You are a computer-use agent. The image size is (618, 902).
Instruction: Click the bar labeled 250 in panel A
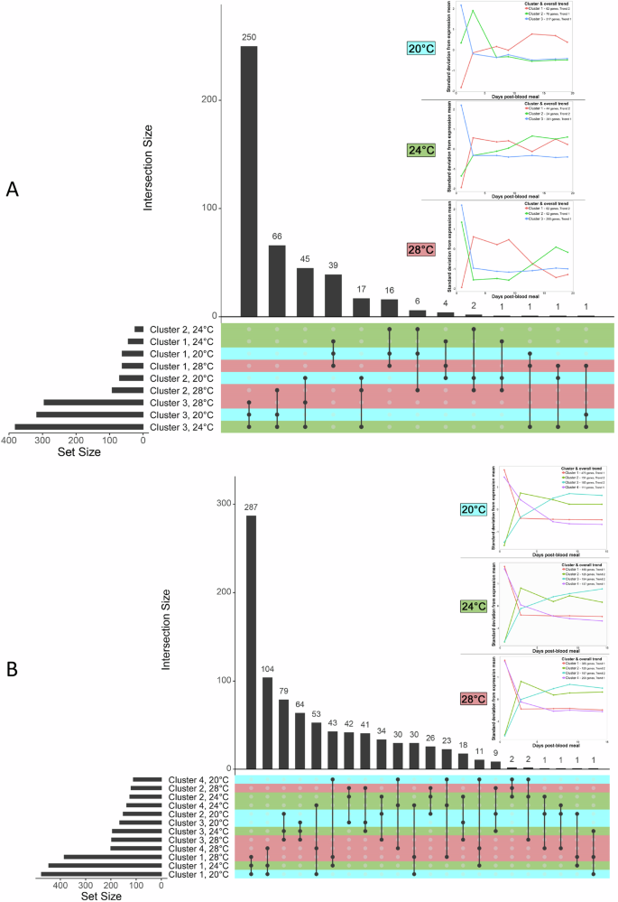[248, 181]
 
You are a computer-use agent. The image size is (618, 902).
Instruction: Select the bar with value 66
[277, 280]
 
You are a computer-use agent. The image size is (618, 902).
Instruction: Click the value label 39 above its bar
[333, 266]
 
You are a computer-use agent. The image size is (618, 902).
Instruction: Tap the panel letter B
[12, 668]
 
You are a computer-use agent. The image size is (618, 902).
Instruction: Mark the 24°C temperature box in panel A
[422, 148]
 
